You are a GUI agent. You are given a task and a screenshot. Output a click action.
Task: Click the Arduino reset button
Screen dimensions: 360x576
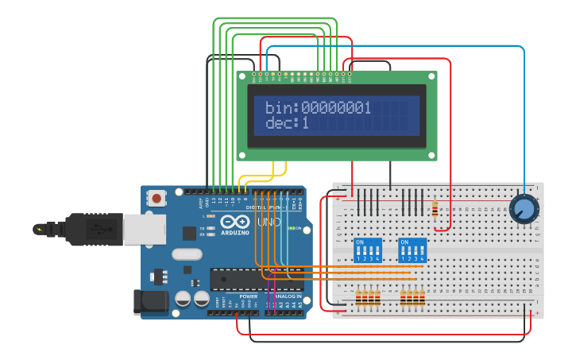pos(157,198)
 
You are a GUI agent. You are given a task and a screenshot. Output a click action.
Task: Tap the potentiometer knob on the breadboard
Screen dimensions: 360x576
pos(523,209)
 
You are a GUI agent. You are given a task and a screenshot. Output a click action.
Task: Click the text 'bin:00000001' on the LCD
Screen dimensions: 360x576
pos(318,108)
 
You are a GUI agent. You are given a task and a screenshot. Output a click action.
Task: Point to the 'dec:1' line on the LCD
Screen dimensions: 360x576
pos(287,123)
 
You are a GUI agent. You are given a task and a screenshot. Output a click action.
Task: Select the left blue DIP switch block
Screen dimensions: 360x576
pos(367,250)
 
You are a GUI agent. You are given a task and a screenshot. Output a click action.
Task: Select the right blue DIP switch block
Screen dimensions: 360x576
pos(412,250)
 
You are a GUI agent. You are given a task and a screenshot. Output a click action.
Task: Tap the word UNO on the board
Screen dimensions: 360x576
pos(263,223)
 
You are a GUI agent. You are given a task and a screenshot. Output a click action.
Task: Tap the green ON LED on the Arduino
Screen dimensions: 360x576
pos(288,229)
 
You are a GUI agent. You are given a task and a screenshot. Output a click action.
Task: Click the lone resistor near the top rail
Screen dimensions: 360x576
pos(434,210)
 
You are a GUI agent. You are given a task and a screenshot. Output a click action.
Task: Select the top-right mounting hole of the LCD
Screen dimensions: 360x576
pos(431,76)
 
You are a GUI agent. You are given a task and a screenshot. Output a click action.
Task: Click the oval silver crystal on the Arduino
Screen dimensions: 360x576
pos(186,254)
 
